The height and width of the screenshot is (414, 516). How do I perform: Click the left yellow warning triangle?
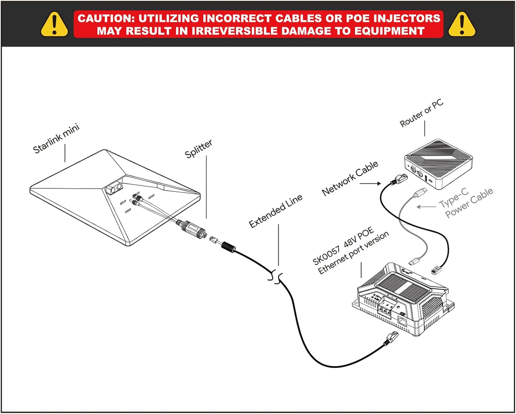tap(54, 25)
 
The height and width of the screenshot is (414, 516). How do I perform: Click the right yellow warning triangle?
tap(461, 25)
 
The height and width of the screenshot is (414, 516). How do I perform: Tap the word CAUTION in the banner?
tap(105, 18)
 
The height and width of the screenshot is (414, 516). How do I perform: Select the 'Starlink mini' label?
tap(56, 139)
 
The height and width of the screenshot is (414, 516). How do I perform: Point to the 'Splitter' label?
tap(198, 149)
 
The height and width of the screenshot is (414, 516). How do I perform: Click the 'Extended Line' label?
tap(275, 211)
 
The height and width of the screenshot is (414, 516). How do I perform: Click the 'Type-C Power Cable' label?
tap(466, 203)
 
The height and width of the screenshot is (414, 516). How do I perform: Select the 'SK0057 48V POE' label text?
tap(343, 246)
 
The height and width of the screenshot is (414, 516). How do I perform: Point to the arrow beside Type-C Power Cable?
tap(426, 207)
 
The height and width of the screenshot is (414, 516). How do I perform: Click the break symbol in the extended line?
tap(275, 276)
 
